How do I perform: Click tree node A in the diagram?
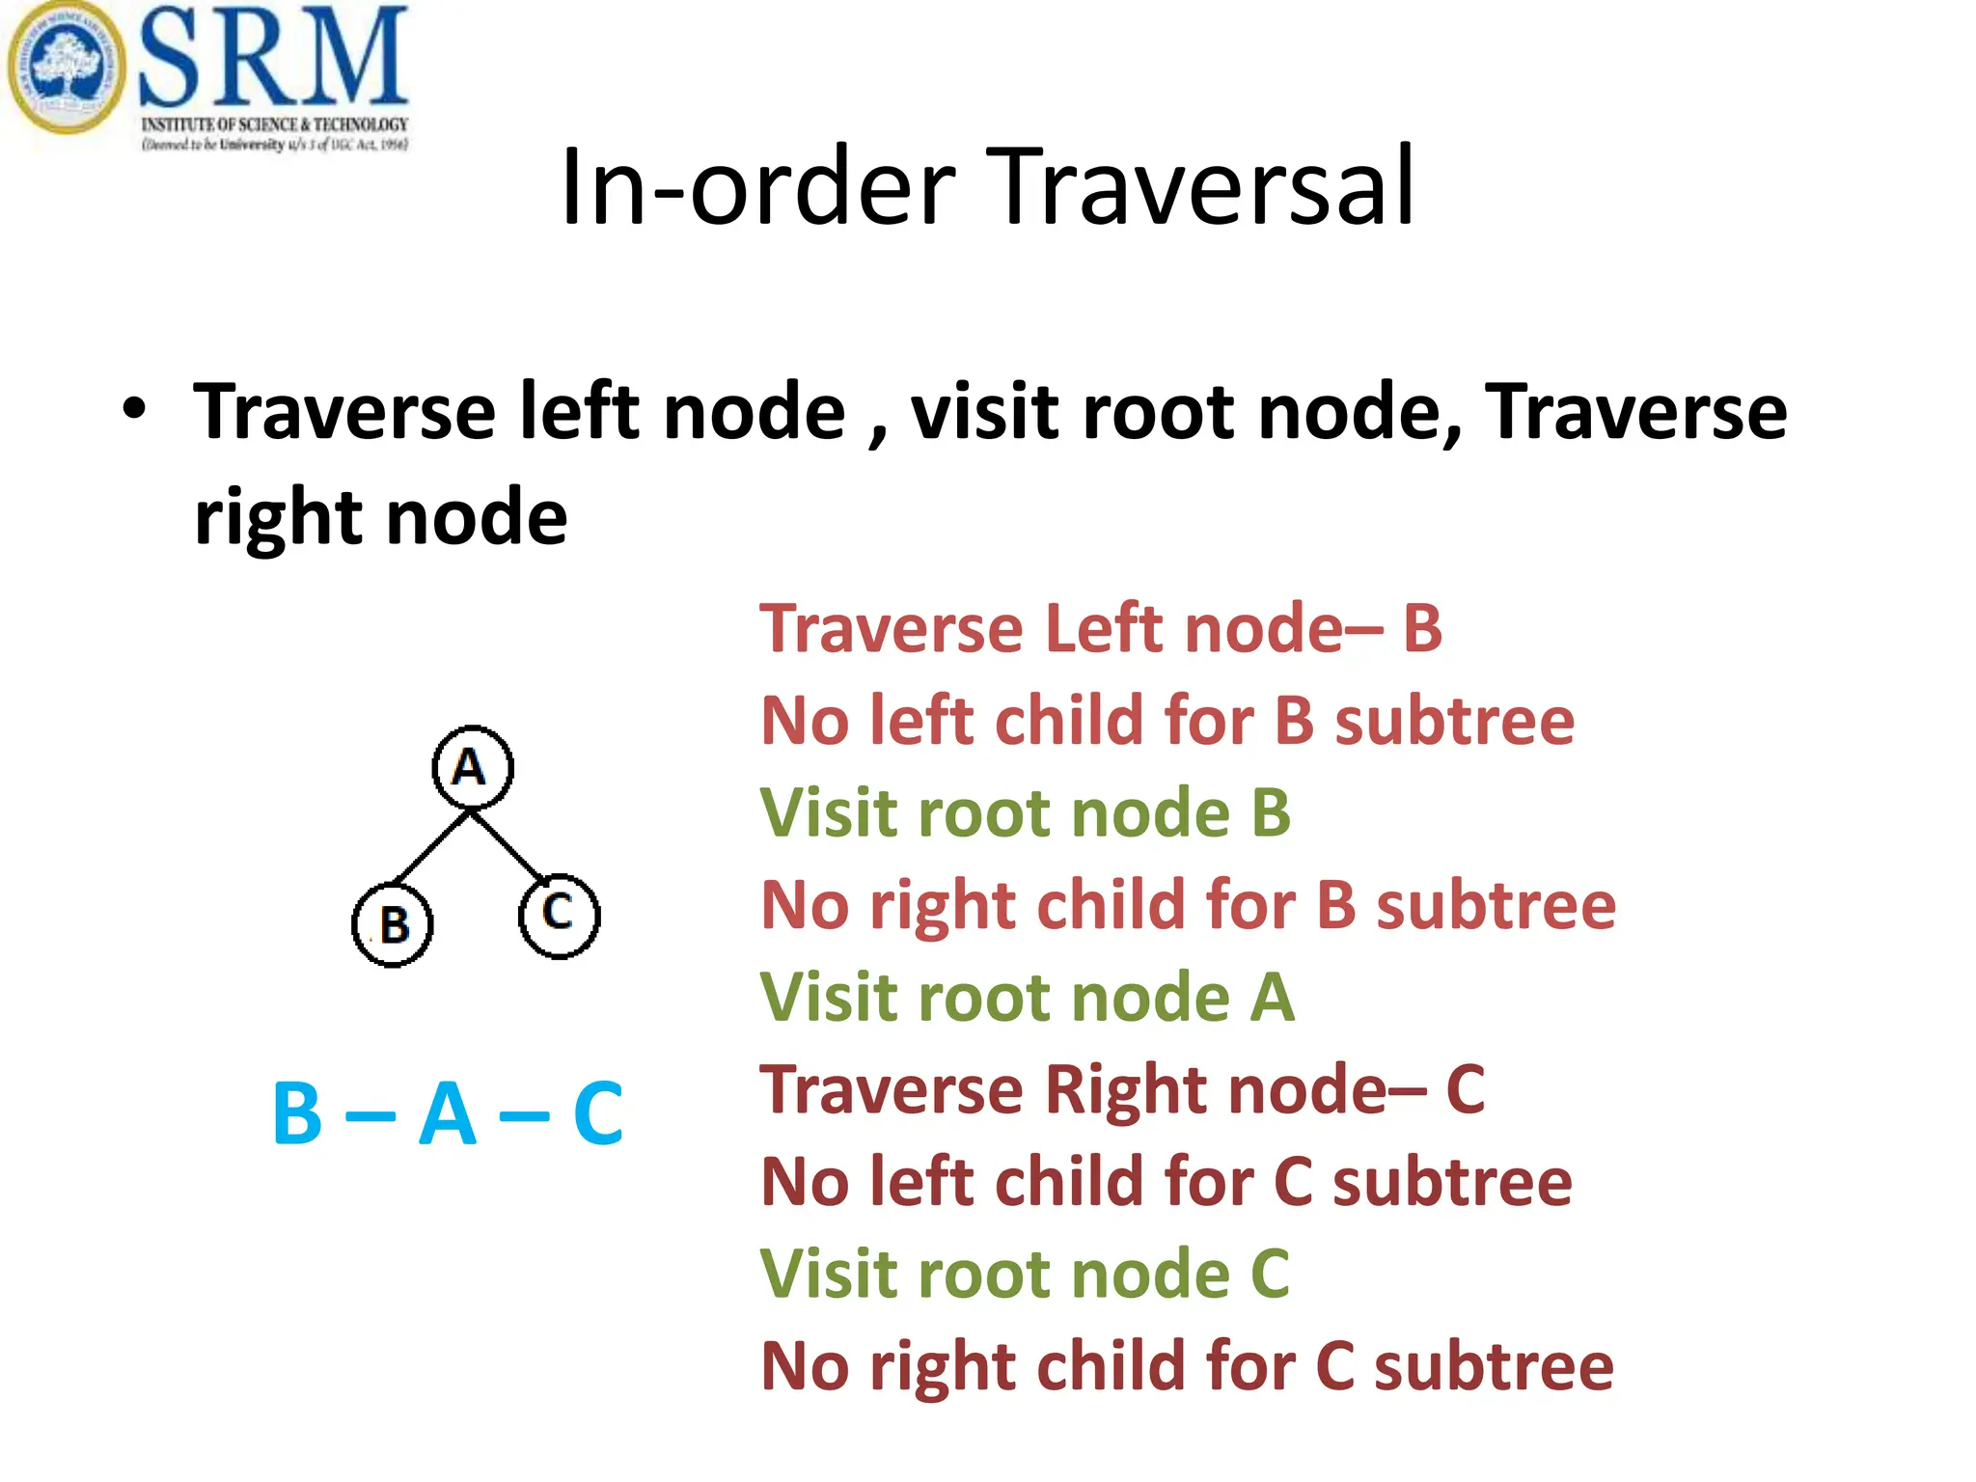pyautogui.click(x=472, y=767)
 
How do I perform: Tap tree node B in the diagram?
pyautogui.click(x=392, y=924)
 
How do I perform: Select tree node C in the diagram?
pyautogui.click(x=559, y=915)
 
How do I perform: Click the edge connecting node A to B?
pyautogui.click(x=432, y=846)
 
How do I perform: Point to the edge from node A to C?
pyautogui.click(x=508, y=845)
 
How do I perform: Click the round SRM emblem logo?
pyautogui.click(x=66, y=68)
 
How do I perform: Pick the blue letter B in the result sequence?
pyautogui.click(x=297, y=1113)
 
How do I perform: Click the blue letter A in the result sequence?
pyautogui.click(x=448, y=1113)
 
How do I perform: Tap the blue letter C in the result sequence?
pyautogui.click(x=597, y=1113)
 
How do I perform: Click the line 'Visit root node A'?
pyautogui.click(x=1027, y=997)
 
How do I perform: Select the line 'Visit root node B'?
pyautogui.click(x=1025, y=812)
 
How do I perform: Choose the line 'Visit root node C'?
pyautogui.click(x=1025, y=1274)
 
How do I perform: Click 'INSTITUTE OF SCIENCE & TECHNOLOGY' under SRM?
pyautogui.click(x=275, y=124)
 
